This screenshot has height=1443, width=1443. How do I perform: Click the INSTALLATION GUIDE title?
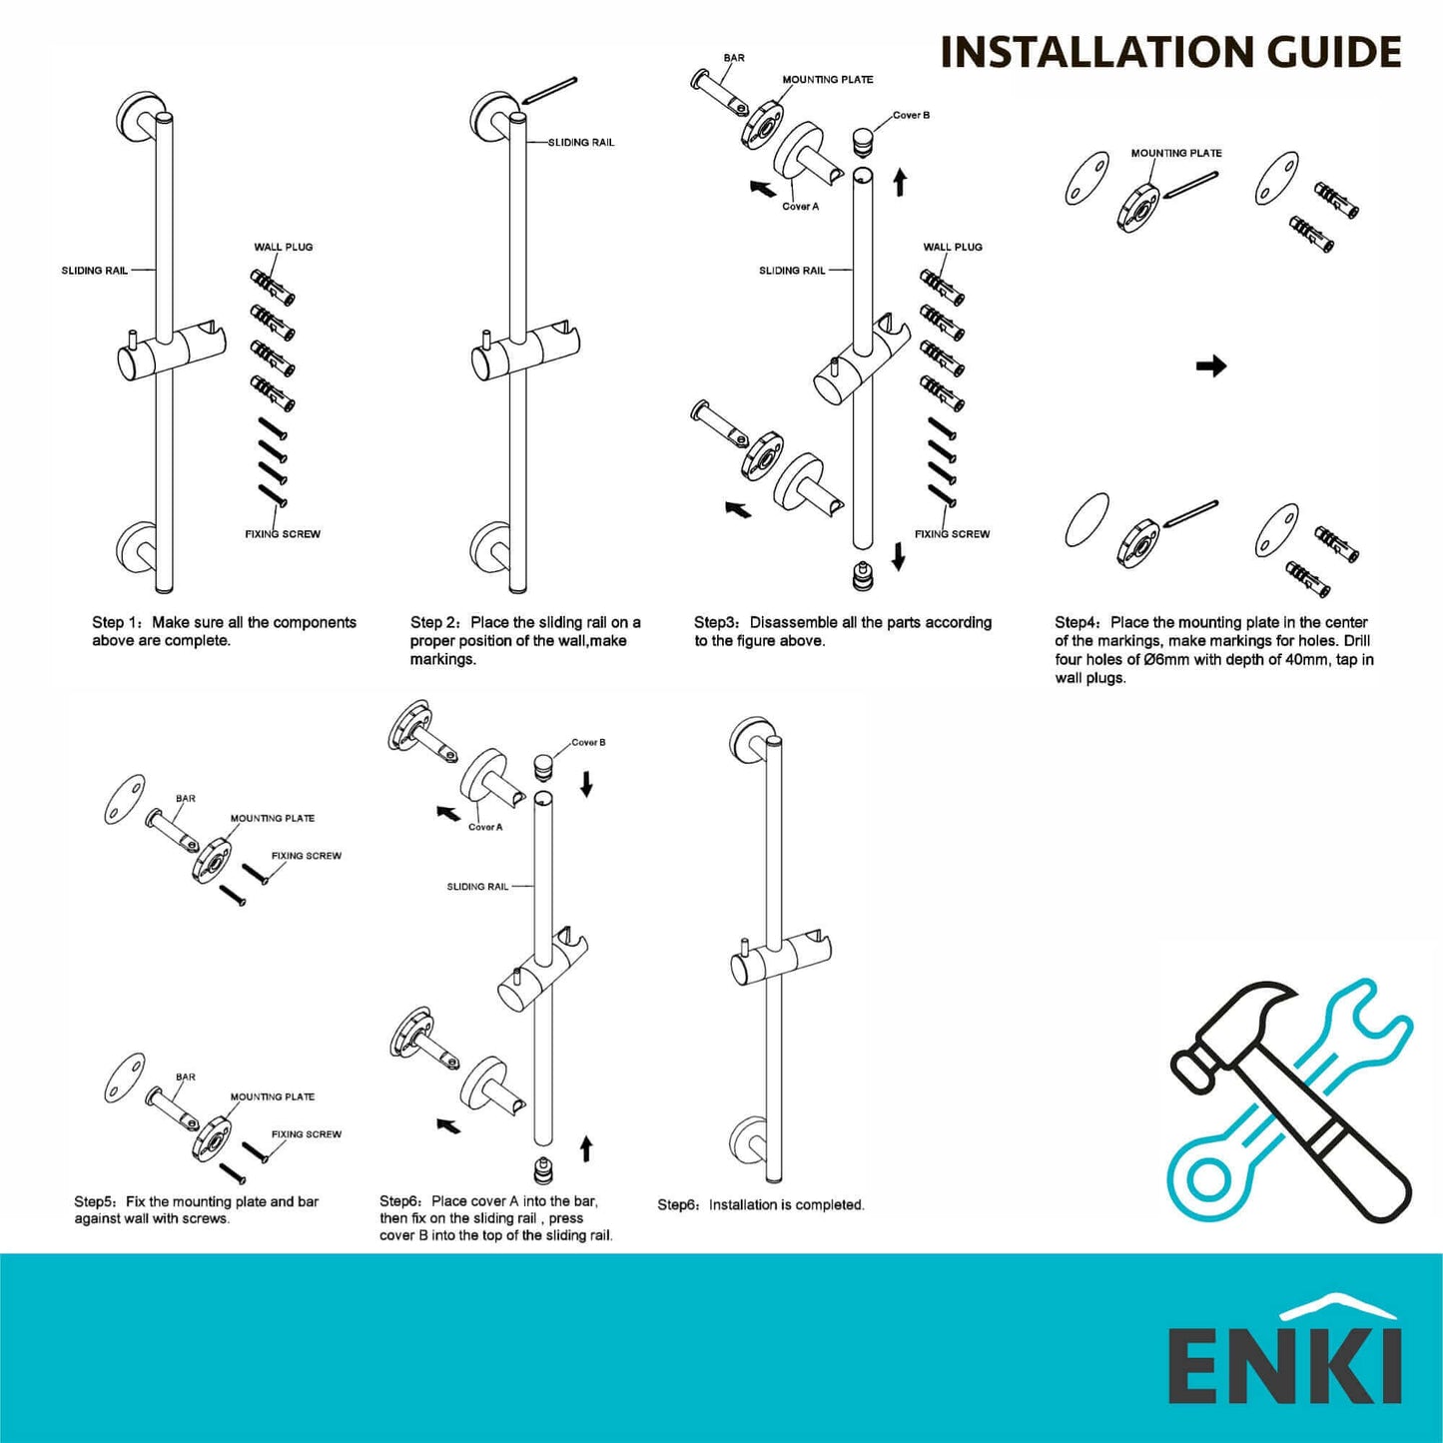[1170, 52]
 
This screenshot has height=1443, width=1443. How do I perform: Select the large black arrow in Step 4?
[1210, 366]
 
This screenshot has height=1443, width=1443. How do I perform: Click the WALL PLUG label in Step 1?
[283, 247]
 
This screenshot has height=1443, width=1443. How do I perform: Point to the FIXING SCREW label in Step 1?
[283, 534]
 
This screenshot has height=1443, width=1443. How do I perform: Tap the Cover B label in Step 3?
[911, 116]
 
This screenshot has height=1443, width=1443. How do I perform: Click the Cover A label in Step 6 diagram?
[485, 827]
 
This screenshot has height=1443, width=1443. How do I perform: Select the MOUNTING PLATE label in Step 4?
[1175, 153]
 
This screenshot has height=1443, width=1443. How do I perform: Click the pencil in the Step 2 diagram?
[550, 90]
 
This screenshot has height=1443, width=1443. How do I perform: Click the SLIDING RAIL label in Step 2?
[581, 143]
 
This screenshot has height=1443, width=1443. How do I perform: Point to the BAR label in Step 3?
[734, 58]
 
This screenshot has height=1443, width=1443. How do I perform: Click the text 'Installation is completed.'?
[786, 1205]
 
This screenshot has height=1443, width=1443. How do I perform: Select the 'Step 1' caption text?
[224, 631]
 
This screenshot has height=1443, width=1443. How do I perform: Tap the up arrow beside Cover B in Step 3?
[900, 182]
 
